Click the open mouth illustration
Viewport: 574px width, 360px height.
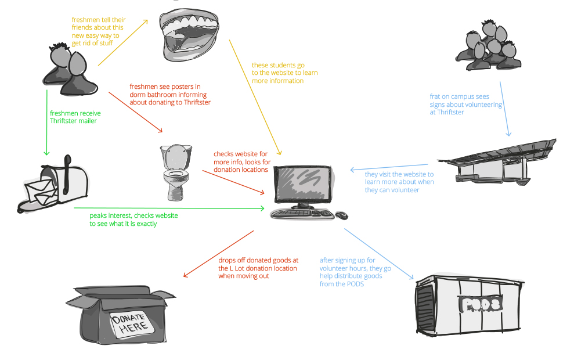tap(189, 35)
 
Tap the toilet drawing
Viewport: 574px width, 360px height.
tap(176, 172)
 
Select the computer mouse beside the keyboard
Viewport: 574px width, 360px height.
tap(341, 215)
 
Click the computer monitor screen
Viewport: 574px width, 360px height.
tap(303, 183)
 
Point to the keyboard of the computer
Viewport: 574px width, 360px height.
tap(302, 214)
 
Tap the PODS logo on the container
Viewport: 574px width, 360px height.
tap(480, 304)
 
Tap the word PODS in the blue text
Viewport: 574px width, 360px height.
tap(355, 284)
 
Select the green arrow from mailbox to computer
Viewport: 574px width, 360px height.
tap(169, 208)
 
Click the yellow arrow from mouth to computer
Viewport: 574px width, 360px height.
tap(255, 98)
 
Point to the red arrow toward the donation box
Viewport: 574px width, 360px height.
tap(219, 254)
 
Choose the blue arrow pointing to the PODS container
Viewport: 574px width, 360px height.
tap(379, 254)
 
